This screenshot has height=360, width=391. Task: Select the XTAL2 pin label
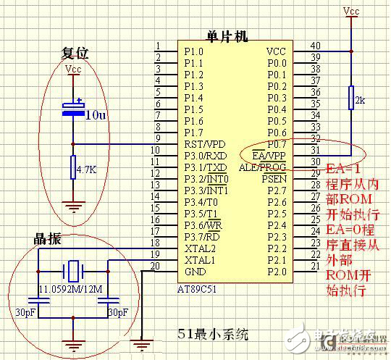click(x=199, y=248)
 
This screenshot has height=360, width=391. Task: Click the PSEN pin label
click(x=274, y=178)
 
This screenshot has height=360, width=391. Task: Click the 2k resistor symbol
click(x=351, y=99)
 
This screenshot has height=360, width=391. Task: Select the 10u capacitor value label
click(x=96, y=115)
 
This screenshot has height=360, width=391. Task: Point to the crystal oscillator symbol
click(x=72, y=272)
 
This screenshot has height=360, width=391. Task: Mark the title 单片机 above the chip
click(x=227, y=36)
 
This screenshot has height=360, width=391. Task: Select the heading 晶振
click(x=47, y=239)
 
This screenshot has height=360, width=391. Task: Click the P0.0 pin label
click(x=277, y=63)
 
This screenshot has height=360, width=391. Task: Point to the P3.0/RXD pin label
click(x=206, y=155)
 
